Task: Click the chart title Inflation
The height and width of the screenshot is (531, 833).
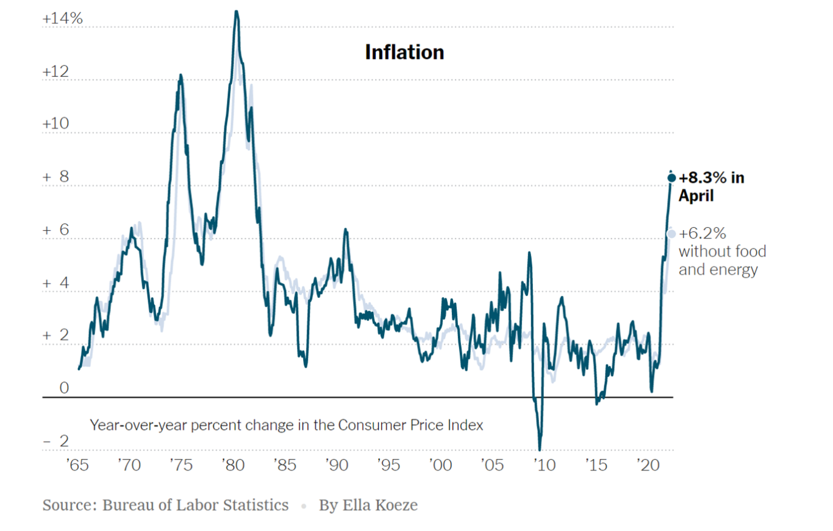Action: (x=404, y=52)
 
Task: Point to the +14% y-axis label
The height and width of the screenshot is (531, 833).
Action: (x=62, y=19)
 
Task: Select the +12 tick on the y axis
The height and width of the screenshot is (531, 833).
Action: (x=55, y=71)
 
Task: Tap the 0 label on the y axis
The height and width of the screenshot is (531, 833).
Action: (x=64, y=388)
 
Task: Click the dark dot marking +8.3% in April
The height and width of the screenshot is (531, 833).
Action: (x=671, y=178)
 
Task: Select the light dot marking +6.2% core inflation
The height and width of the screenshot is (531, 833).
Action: (x=671, y=234)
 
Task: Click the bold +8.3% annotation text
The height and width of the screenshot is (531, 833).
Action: (x=711, y=178)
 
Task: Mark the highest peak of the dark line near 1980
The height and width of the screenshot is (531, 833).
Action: (x=237, y=12)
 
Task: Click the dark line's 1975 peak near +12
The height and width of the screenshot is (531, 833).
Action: (x=181, y=76)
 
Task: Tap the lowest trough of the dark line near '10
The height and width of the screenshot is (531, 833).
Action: (x=540, y=449)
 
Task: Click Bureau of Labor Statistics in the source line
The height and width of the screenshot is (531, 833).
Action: (x=195, y=505)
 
